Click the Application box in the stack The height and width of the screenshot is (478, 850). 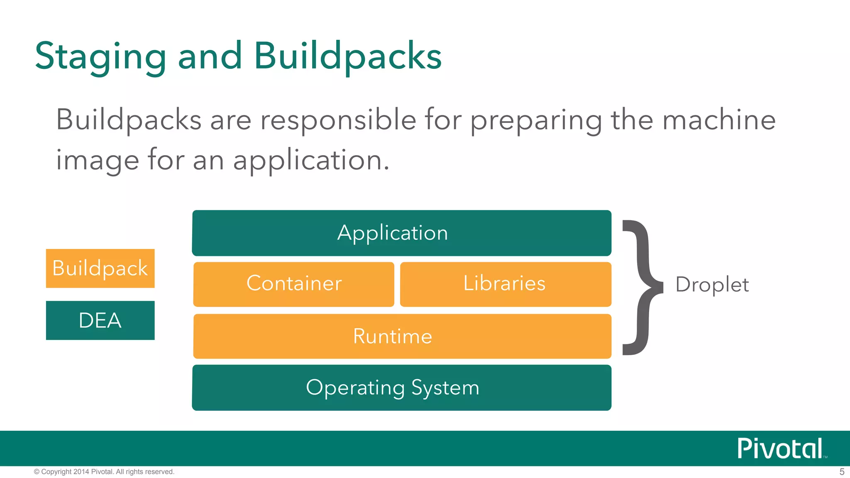pos(401,233)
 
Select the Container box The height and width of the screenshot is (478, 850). pos(294,284)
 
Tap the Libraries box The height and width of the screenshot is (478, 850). pos(505,284)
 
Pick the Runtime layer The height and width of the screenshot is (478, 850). pos(402,336)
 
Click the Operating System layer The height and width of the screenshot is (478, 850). pos(401,388)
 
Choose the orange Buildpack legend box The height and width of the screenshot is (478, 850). pos(100,268)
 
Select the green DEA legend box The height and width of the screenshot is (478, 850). pos(100,320)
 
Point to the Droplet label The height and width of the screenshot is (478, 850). pos(712,285)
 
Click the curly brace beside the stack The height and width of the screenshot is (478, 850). pos(641,287)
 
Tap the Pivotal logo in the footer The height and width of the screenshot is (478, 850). pos(780,449)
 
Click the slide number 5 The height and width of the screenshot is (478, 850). pos(842,472)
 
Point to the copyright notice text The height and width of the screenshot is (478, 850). pos(104,472)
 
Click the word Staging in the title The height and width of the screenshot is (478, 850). pos(101,56)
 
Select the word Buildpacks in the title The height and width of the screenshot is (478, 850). pos(348,56)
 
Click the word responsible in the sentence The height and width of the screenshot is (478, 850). pos(338,120)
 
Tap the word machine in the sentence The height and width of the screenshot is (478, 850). pos(718,120)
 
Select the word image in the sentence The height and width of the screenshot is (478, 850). pos(98,161)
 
